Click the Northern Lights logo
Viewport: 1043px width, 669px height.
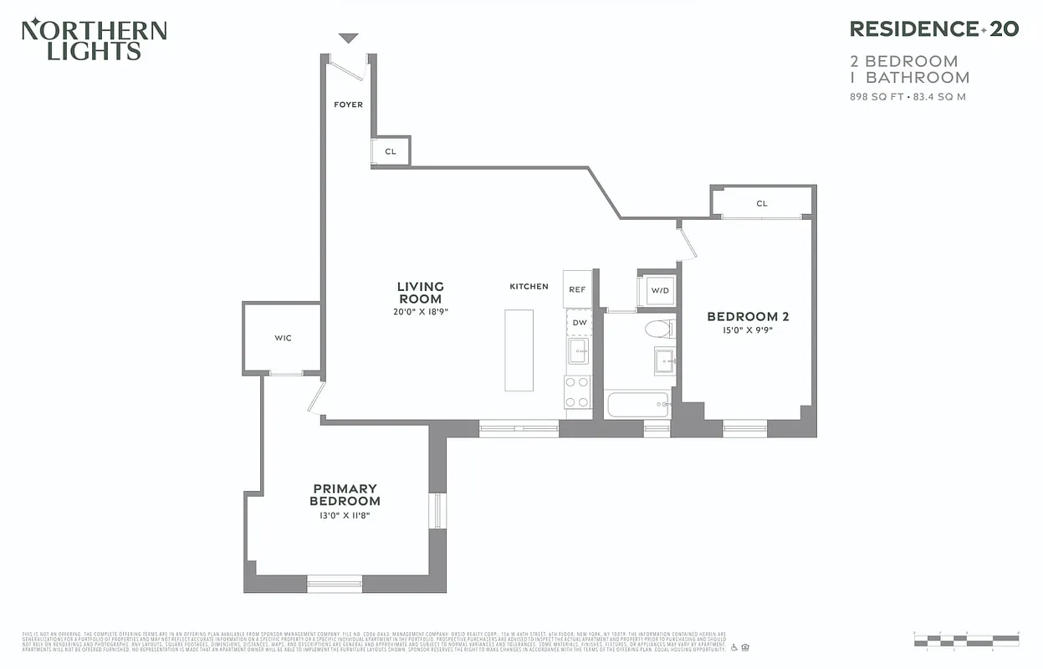pos(94,40)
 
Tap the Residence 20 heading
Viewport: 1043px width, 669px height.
pos(933,29)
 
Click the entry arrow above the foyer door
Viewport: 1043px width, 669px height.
pos(348,38)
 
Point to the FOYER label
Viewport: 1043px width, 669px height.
pos(348,105)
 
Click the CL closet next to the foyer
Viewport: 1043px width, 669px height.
pos(391,151)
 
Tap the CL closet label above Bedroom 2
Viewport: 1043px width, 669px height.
pos(761,203)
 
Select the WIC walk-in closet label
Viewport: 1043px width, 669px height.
pos(283,338)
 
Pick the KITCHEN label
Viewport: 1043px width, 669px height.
pos(529,287)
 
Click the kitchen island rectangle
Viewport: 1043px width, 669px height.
pos(519,350)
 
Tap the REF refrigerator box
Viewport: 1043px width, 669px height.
pos(577,289)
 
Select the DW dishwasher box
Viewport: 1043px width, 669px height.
pos(579,323)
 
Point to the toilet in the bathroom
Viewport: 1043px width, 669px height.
pos(658,329)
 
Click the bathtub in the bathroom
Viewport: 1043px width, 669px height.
pos(638,405)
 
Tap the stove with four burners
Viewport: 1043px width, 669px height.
pos(578,391)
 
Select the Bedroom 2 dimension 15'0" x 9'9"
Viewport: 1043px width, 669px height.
pos(747,330)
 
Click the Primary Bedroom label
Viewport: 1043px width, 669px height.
pos(345,494)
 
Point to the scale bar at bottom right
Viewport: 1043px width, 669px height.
pos(966,640)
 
